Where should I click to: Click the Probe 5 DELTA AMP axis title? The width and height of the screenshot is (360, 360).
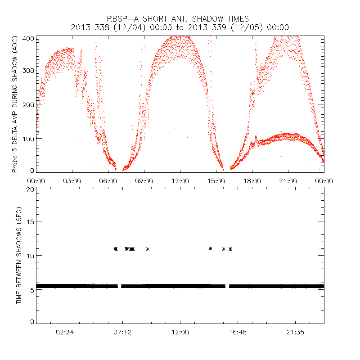point(15,104)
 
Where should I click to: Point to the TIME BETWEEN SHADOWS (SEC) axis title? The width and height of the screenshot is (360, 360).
point(19,255)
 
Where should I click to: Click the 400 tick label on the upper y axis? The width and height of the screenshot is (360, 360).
point(28,38)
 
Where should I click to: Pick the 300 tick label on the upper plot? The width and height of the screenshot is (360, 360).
point(28,71)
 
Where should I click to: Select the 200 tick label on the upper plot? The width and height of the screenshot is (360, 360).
point(28,104)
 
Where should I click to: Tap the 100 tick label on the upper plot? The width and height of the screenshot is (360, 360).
point(28,138)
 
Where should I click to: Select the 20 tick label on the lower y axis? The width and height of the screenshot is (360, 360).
point(30,189)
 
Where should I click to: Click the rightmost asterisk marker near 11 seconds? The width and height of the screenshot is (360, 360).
point(230,249)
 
